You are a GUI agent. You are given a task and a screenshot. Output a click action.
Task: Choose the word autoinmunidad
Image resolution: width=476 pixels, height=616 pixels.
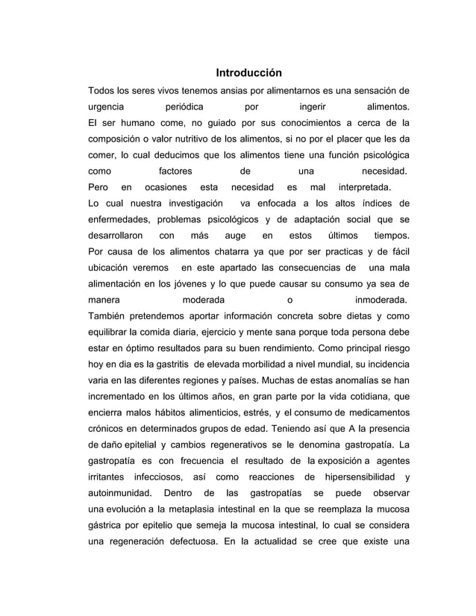(119, 494)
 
